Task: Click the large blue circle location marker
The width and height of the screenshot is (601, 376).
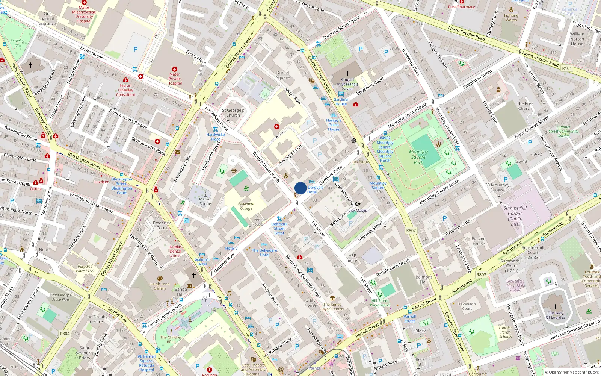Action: click(300, 188)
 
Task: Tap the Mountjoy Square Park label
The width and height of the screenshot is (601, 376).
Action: click(418, 157)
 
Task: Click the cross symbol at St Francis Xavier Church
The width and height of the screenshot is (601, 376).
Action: click(347, 74)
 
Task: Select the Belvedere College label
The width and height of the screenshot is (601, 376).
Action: click(246, 206)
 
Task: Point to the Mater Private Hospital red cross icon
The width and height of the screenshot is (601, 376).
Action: click(175, 69)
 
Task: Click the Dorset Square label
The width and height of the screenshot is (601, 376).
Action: click(283, 75)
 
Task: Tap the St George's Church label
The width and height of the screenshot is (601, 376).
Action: click(233, 113)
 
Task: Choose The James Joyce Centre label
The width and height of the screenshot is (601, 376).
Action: click(332, 306)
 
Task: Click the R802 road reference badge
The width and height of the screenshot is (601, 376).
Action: click(411, 230)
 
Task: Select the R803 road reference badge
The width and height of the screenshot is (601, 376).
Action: click(481, 274)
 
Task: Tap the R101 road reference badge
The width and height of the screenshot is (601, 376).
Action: click(567, 68)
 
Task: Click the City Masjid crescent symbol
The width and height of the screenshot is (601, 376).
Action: click(358, 204)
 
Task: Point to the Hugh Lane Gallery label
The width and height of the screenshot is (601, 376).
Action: click(160, 286)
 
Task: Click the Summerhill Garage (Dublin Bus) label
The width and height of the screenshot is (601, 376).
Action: click(515, 216)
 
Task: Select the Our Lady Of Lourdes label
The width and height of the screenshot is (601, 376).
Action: click(555, 315)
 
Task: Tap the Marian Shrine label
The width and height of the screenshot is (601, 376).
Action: click(205, 201)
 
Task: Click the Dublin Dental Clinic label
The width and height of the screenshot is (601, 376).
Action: click(175, 251)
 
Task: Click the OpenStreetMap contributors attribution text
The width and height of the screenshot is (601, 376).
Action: click(572, 372)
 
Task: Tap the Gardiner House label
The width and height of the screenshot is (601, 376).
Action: click(341, 102)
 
